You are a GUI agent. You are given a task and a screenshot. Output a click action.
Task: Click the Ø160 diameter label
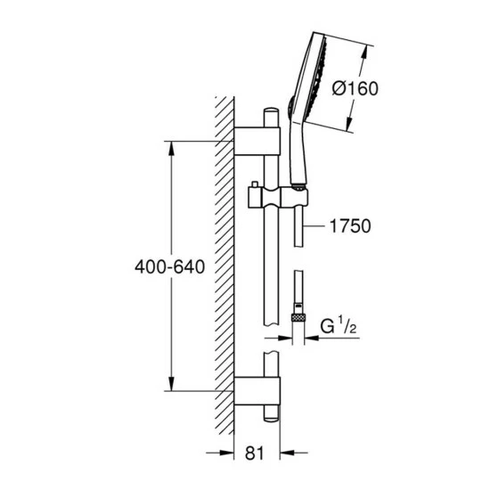coord(355,88)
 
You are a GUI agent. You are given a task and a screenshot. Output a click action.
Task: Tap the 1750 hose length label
coord(350,226)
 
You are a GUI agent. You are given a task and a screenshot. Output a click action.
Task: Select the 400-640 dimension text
coord(169,267)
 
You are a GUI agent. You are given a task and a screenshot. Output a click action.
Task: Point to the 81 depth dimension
coord(255,453)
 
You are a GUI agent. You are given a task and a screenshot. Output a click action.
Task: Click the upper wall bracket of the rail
coord(257,142)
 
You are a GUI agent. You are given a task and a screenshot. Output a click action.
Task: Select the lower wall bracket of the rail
coord(257,391)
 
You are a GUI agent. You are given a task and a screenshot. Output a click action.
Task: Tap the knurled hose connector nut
coord(298,317)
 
